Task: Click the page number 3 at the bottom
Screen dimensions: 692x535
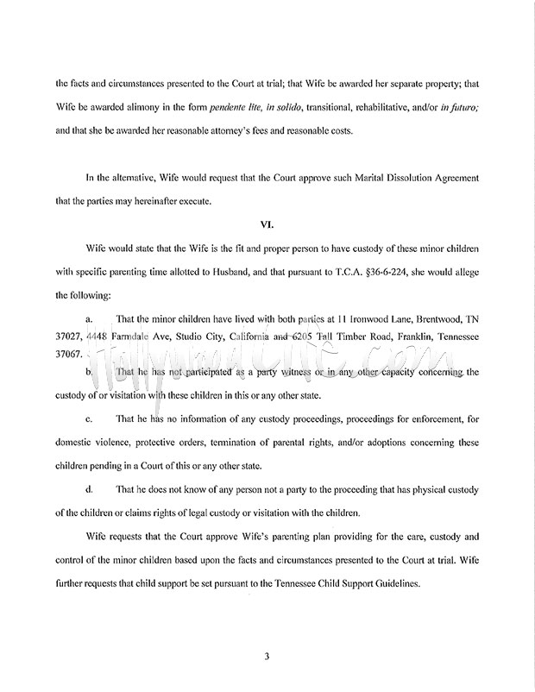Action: pos(267,655)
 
